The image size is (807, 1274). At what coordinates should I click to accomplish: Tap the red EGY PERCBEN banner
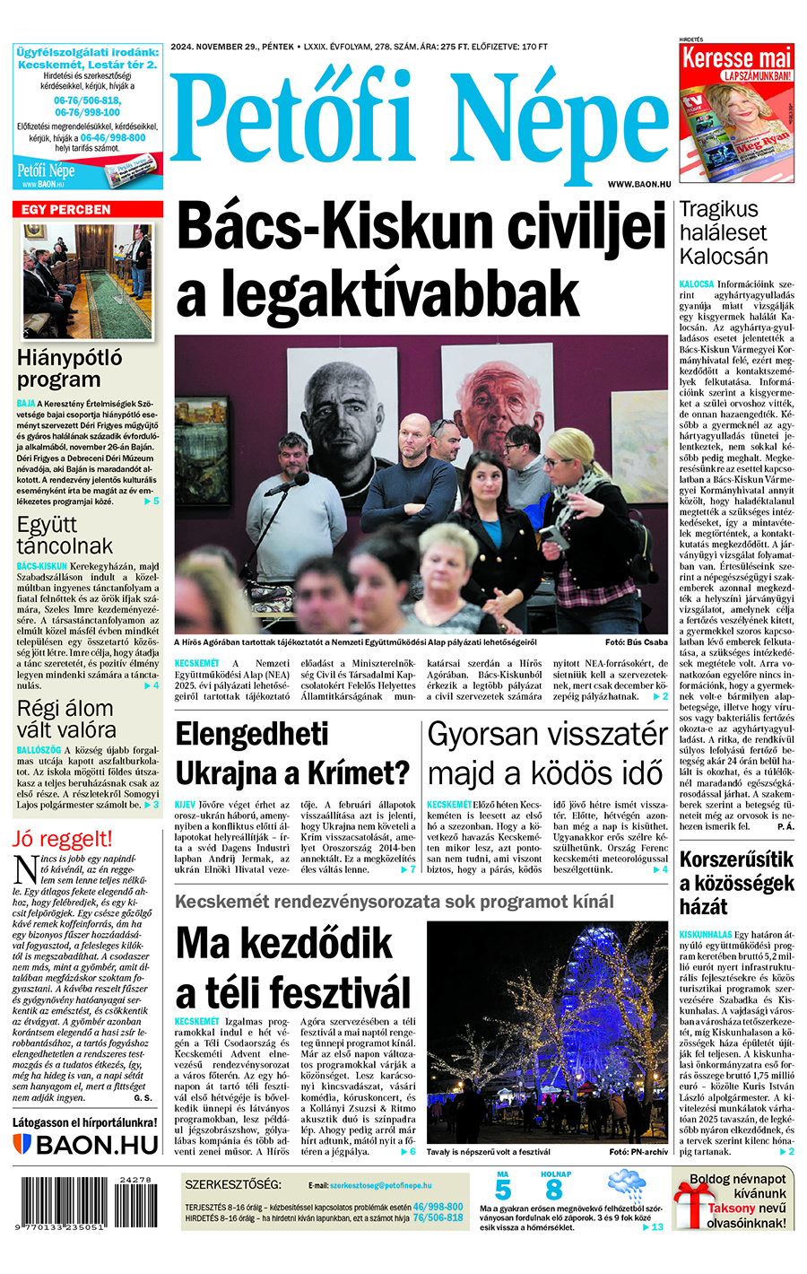point(87,209)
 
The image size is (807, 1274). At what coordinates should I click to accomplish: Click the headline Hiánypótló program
point(70,369)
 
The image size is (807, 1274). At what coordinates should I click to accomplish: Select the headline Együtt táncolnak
point(65,535)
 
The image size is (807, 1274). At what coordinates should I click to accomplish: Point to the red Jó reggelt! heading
point(63,840)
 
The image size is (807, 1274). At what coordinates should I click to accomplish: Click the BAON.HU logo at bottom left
point(86,1145)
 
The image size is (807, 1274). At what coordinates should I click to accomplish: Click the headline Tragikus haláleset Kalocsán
point(724,233)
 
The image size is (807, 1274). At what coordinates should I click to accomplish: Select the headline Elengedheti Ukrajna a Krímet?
point(292,754)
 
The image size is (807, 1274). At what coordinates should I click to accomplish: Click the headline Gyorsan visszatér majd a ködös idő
point(547,754)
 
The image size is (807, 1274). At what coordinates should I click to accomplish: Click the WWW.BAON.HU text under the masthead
point(639,184)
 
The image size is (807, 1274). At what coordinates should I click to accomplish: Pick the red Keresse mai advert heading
point(736,59)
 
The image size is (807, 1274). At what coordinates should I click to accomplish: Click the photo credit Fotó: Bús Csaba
point(636,642)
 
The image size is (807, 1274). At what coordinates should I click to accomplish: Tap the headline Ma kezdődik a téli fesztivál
point(293,969)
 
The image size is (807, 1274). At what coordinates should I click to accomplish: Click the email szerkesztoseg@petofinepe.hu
point(380,1185)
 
